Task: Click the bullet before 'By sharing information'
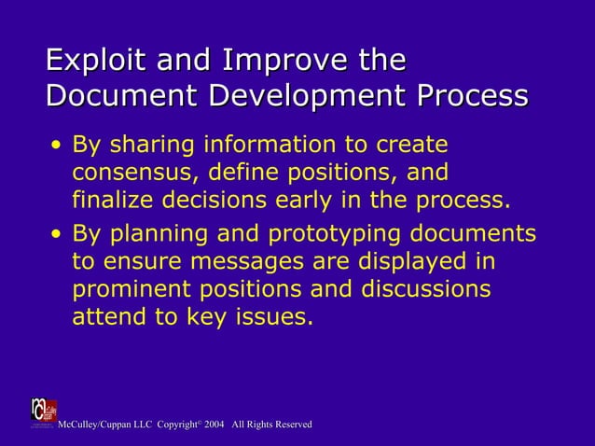click(58, 146)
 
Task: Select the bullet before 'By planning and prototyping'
click(58, 233)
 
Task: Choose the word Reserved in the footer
click(292, 425)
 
